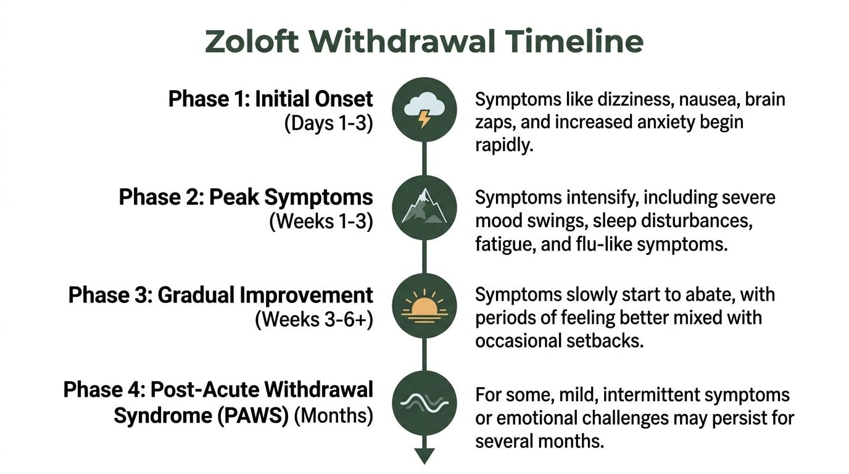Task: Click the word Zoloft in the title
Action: pos(252,41)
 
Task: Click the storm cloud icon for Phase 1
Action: pos(424,109)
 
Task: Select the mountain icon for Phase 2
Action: pos(424,207)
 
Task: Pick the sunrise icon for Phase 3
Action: pos(424,305)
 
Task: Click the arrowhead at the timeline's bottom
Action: pos(424,456)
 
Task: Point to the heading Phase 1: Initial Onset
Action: pos(270,99)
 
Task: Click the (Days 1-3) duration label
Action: pos(328,123)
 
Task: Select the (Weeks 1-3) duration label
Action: pos(321,222)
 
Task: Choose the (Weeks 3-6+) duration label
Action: pos(314,320)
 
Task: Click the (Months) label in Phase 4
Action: pos(333,415)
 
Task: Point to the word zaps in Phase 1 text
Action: pos(495,122)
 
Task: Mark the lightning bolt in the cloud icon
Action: pos(424,118)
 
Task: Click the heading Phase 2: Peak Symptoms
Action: pos(246,197)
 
